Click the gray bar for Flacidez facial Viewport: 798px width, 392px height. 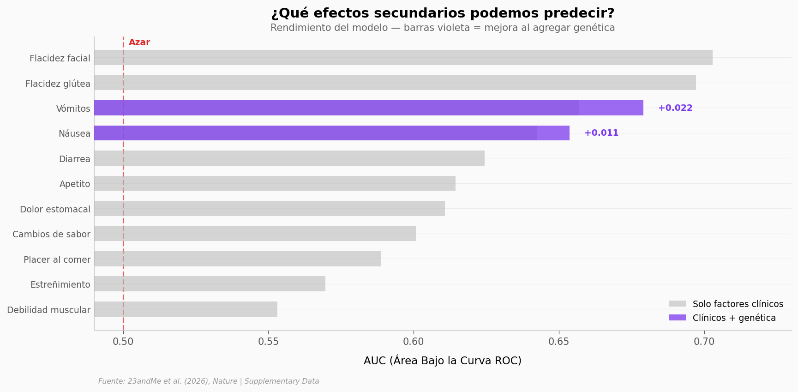click(x=403, y=58)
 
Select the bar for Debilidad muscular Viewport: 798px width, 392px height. click(x=186, y=309)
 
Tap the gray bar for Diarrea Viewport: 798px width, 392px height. click(x=289, y=158)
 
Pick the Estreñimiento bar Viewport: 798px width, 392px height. click(x=210, y=283)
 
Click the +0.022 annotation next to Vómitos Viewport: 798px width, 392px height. click(x=675, y=108)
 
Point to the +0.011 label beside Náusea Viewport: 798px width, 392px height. click(x=601, y=133)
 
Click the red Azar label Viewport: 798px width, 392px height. click(x=139, y=42)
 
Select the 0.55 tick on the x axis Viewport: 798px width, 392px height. click(x=268, y=342)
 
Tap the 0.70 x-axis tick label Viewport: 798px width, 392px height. click(x=704, y=342)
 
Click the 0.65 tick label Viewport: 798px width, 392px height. click(x=558, y=342)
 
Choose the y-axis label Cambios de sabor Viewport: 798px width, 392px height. click(x=51, y=234)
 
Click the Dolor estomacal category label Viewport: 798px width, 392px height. click(x=55, y=209)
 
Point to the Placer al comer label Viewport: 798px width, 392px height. click(x=57, y=259)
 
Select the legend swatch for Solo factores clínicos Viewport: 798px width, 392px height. click(x=677, y=304)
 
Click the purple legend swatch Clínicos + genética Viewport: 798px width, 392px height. click(x=677, y=318)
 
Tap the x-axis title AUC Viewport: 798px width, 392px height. click(x=442, y=361)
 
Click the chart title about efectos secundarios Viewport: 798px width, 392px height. click(x=442, y=13)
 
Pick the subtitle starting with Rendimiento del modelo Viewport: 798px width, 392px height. click(x=442, y=28)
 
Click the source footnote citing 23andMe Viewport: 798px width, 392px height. click(x=209, y=381)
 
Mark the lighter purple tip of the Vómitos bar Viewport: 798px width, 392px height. click(x=611, y=108)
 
